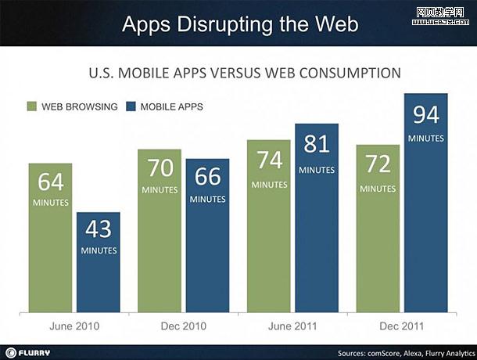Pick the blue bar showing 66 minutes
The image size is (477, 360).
pyautogui.click(x=207, y=234)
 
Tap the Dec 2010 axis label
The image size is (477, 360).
pyautogui.click(x=184, y=326)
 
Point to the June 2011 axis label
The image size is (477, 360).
pyautogui.click(x=292, y=326)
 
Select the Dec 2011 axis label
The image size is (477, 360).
pyautogui.click(x=402, y=326)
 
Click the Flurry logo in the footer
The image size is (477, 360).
pyautogui.click(x=29, y=351)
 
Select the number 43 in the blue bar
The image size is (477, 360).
pyautogui.click(x=98, y=229)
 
